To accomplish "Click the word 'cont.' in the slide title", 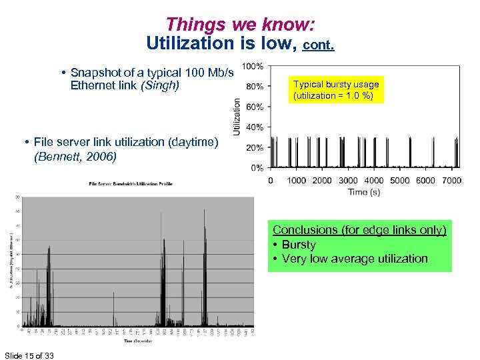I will coord(319,45).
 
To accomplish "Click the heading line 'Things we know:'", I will coord(240,25).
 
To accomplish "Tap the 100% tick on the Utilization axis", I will coord(251,66).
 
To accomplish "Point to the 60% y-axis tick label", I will coord(254,107).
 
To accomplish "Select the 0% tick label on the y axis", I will coord(256,168).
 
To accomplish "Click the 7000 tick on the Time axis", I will coord(452,180).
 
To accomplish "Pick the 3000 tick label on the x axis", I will coord(348,180).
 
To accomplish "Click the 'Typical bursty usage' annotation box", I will coord(336,90).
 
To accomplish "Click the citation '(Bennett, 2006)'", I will coord(75,157).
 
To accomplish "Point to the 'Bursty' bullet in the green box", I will coord(298,245).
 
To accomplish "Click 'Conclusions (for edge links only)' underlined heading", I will coord(359,230).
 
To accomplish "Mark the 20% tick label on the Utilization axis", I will coord(254,147).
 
